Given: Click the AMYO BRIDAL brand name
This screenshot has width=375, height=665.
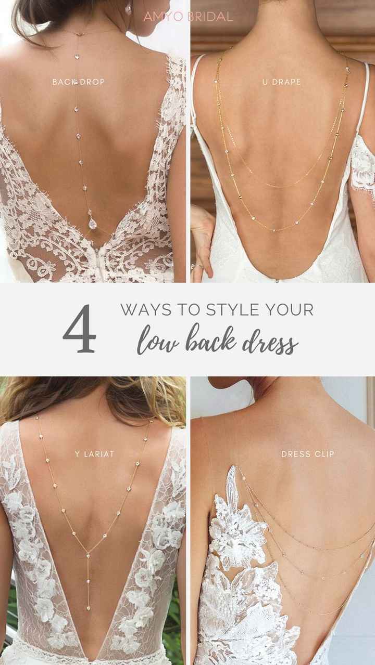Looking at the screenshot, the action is pyautogui.click(x=188, y=17).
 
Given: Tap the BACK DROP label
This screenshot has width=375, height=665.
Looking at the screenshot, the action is pyautogui.click(x=79, y=82).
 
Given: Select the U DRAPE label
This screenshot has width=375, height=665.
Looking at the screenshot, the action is pyautogui.click(x=281, y=82).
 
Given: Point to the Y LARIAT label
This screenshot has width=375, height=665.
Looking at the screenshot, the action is pyautogui.click(x=94, y=454).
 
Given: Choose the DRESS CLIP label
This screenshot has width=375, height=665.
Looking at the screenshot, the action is pyautogui.click(x=308, y=454).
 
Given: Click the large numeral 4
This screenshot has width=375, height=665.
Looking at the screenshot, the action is pyautogui.click(x=79, y=329).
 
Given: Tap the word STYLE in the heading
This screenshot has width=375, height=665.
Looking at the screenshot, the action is pyautogui.click(x=233, y=310).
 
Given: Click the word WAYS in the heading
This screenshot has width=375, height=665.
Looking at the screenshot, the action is pyautogui.click(x=146, y=310).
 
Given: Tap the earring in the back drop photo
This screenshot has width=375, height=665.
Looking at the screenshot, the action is pyautogui.click(x=128, y=9).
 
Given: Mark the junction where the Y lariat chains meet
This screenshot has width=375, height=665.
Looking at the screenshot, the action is pyautogui.click(x=88, y=553).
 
